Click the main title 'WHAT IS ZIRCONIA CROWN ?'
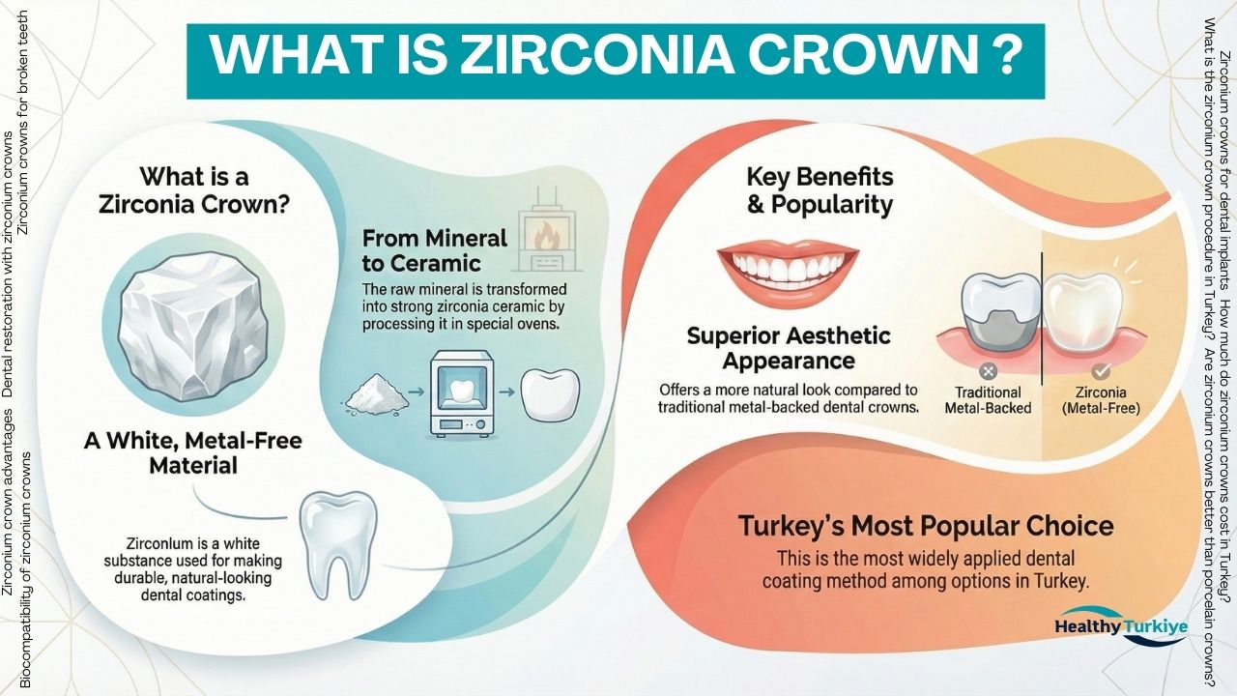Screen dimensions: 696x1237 pos(615,57)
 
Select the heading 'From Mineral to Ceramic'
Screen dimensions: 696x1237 pos(435,249)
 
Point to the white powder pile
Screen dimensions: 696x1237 pos(379,393)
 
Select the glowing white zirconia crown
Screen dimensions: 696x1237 pos(1081,307)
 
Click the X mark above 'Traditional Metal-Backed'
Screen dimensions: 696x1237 pos(987,370)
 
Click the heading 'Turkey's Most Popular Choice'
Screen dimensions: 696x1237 pos(926,527)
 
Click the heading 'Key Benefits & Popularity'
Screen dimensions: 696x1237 pos(820,190)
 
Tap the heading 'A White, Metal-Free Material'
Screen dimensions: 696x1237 pos(193,453)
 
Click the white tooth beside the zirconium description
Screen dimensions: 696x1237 pos(337,542)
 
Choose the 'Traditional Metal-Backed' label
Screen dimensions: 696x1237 pos(987,400)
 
